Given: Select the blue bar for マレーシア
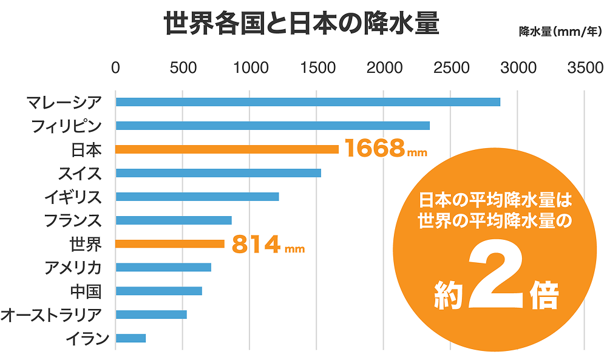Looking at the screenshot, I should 308,102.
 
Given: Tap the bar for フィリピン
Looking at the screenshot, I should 273,126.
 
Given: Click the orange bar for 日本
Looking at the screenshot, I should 227,149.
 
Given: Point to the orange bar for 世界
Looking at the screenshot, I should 170,244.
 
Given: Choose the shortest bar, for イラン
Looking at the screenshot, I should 131,338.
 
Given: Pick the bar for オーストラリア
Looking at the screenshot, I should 151,314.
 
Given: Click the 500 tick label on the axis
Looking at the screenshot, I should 183,67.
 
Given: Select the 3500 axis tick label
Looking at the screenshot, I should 585,67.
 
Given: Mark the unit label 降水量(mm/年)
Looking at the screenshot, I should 560,32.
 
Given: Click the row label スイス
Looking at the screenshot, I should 80,173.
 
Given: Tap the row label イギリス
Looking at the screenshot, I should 73,197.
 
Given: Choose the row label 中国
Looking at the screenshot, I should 86,291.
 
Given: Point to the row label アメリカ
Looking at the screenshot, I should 73,267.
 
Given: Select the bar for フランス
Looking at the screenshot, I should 174,220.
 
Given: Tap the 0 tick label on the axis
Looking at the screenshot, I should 115,67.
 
